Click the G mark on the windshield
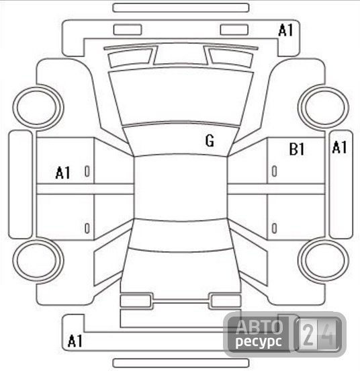click(210, 141)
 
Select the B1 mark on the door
click(297, 149)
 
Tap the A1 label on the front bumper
click(285, 30)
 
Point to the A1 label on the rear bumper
click(75, 341)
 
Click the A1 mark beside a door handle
click(63, 173)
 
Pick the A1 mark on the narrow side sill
click(339, 147)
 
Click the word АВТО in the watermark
click(259, 327)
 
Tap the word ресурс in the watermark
click(259, 341)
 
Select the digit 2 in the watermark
click(308, 335)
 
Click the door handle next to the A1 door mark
click(87, 171)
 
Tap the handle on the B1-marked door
click(274, 171)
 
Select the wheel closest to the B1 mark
click(323, 107)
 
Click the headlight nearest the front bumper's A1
click(234, 30)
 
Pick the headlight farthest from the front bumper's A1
click(128, 30)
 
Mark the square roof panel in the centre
click(181, 188)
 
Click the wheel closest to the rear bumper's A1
click(38, 261)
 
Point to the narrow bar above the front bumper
click(181, 7)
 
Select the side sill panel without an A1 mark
click(20, 184)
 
